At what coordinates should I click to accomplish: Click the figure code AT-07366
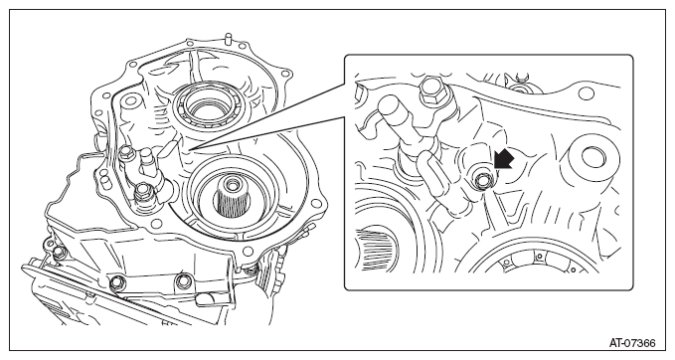[632, 343]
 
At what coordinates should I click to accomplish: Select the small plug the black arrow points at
[482, 181]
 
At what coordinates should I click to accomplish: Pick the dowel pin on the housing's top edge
[228, 38]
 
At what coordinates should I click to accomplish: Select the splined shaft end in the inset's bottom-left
[374, 250]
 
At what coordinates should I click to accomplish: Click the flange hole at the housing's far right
[318, 203]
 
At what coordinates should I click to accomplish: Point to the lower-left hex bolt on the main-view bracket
[141, 194]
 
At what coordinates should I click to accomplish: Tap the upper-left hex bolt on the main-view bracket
[126, 152]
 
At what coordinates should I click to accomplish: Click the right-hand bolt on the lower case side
[183, 280]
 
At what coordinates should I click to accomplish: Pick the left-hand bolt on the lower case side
[116, 282]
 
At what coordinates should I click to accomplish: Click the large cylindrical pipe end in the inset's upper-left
[393, 114]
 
